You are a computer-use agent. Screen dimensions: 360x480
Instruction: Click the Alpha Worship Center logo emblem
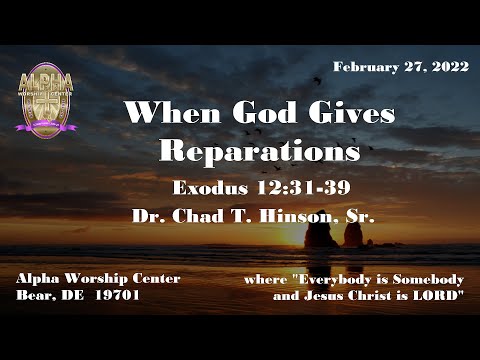[x=46, y=97]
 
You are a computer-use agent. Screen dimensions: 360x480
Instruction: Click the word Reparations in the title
[x=259, y=151]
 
